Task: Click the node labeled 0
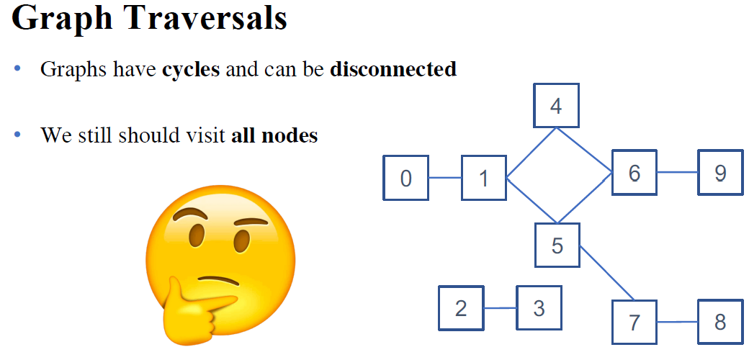(405, 178)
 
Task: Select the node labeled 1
(483, 178)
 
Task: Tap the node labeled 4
(555, 107)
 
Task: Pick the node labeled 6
(634, 173)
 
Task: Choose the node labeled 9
(719, 173)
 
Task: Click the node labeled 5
(557, 245)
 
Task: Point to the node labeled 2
(461, 308)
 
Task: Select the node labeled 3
(539, 308)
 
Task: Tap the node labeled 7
(634, 322)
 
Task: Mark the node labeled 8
(719, 322)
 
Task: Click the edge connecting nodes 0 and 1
(444, 178)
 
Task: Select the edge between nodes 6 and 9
(677, 173)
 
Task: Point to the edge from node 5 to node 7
(606, 274)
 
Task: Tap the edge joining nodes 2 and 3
(500, 308)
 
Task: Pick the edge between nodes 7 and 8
(677, 322)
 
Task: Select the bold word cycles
(191, 70)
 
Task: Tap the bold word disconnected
(393, 70)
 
